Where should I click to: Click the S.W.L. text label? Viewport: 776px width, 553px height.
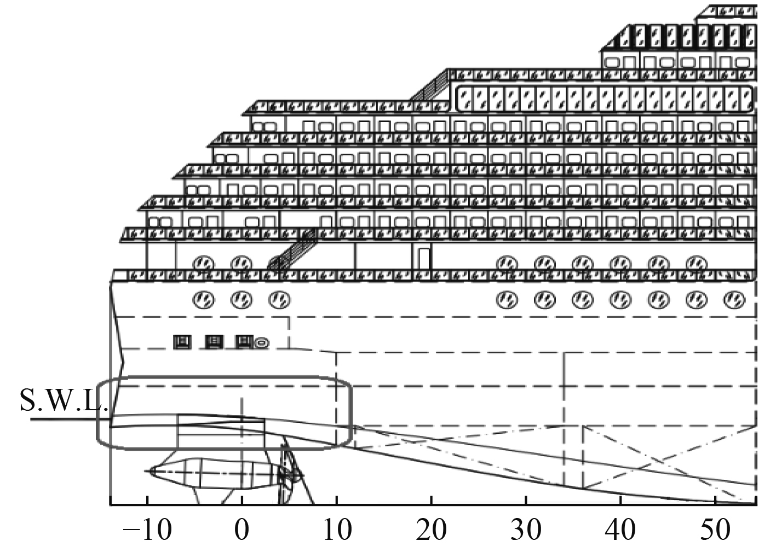click(x=65, y=400)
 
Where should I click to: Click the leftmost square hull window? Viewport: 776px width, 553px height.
click(x=182, y=342)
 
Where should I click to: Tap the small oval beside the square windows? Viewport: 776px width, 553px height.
click(x=262, y=344)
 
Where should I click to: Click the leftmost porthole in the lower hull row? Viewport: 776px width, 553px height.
click(x=203, y=300)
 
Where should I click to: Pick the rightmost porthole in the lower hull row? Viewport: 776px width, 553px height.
click(x=734, y=300)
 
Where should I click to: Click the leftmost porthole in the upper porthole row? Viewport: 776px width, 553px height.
click(x=203, y=264)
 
